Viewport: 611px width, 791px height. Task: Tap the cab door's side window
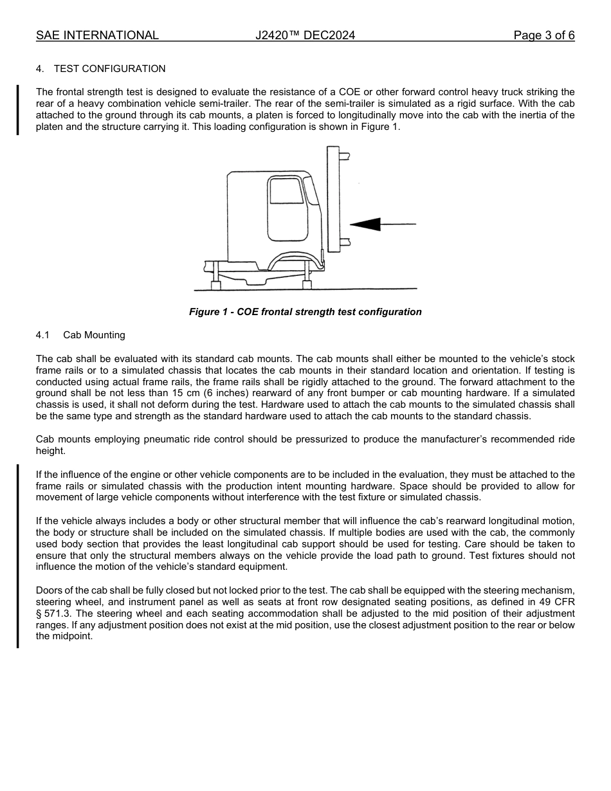[286, 191]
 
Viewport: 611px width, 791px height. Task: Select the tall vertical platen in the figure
[333, 199]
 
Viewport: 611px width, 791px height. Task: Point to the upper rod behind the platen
[344, 155]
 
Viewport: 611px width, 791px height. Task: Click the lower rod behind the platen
[344, 242]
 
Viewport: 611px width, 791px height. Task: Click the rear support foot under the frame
[216, 285]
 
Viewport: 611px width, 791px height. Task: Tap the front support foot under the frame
[307, 284]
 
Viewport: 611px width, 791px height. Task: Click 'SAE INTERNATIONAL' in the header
[97, 35]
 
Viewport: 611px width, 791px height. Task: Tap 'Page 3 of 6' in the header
[543, 35]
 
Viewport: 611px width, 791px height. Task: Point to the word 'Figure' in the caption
[205, 312]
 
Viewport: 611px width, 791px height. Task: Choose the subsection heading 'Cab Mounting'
[94, 335]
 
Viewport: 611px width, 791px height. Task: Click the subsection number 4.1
[43, 335]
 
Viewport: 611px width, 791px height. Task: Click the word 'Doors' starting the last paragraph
[49, 590]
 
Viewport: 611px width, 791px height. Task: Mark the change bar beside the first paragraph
[18, 109]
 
